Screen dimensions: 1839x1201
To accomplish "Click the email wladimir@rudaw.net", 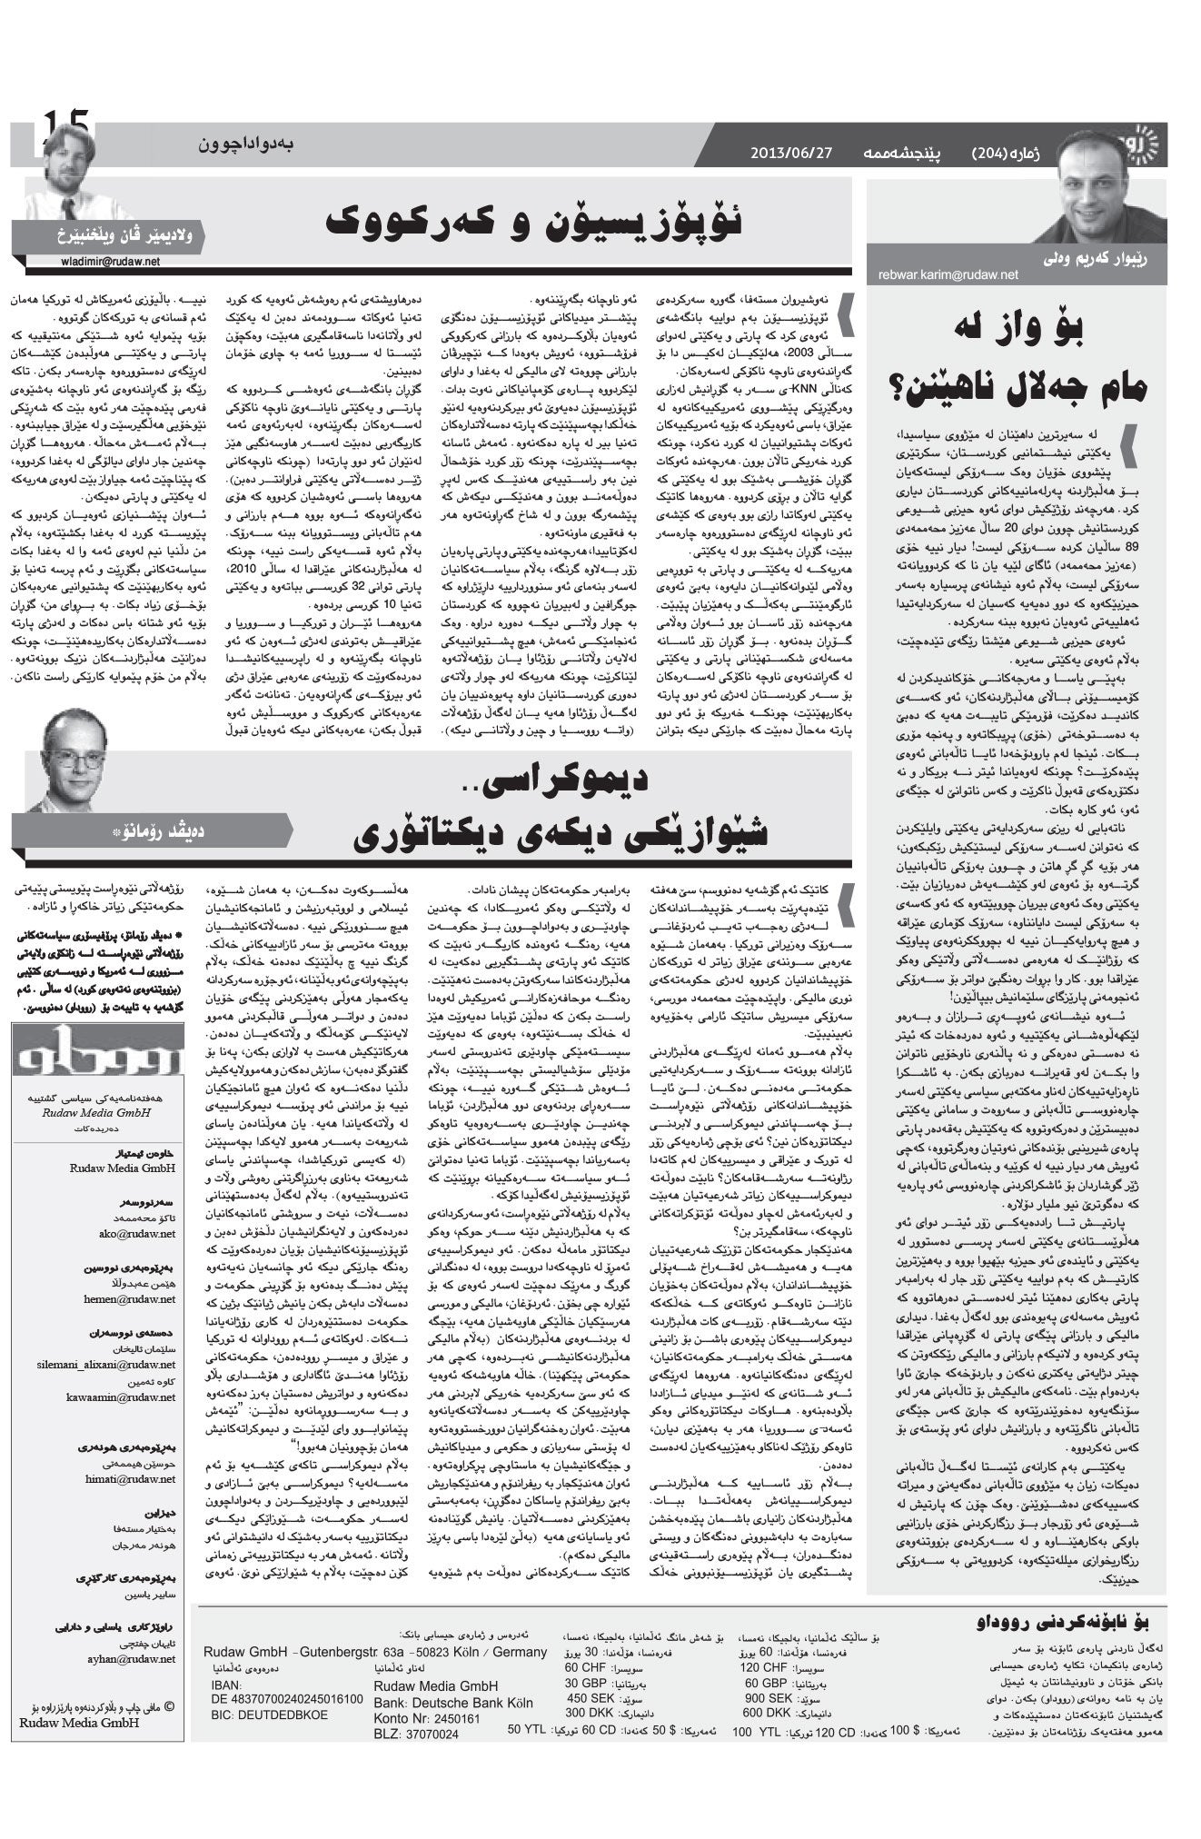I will [x=105, y=261].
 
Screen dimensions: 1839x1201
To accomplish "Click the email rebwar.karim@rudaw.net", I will [x=948, y=273].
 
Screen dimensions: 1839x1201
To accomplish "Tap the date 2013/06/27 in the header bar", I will [x=790, y=152].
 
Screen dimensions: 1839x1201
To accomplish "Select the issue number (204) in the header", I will [x=998, y=152].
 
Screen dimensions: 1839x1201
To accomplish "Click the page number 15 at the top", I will [x=64, y=123].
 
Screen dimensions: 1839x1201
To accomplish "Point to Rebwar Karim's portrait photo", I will [x=1100, y=188].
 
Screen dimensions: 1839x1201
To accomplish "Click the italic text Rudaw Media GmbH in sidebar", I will [x=109, y=1112].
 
